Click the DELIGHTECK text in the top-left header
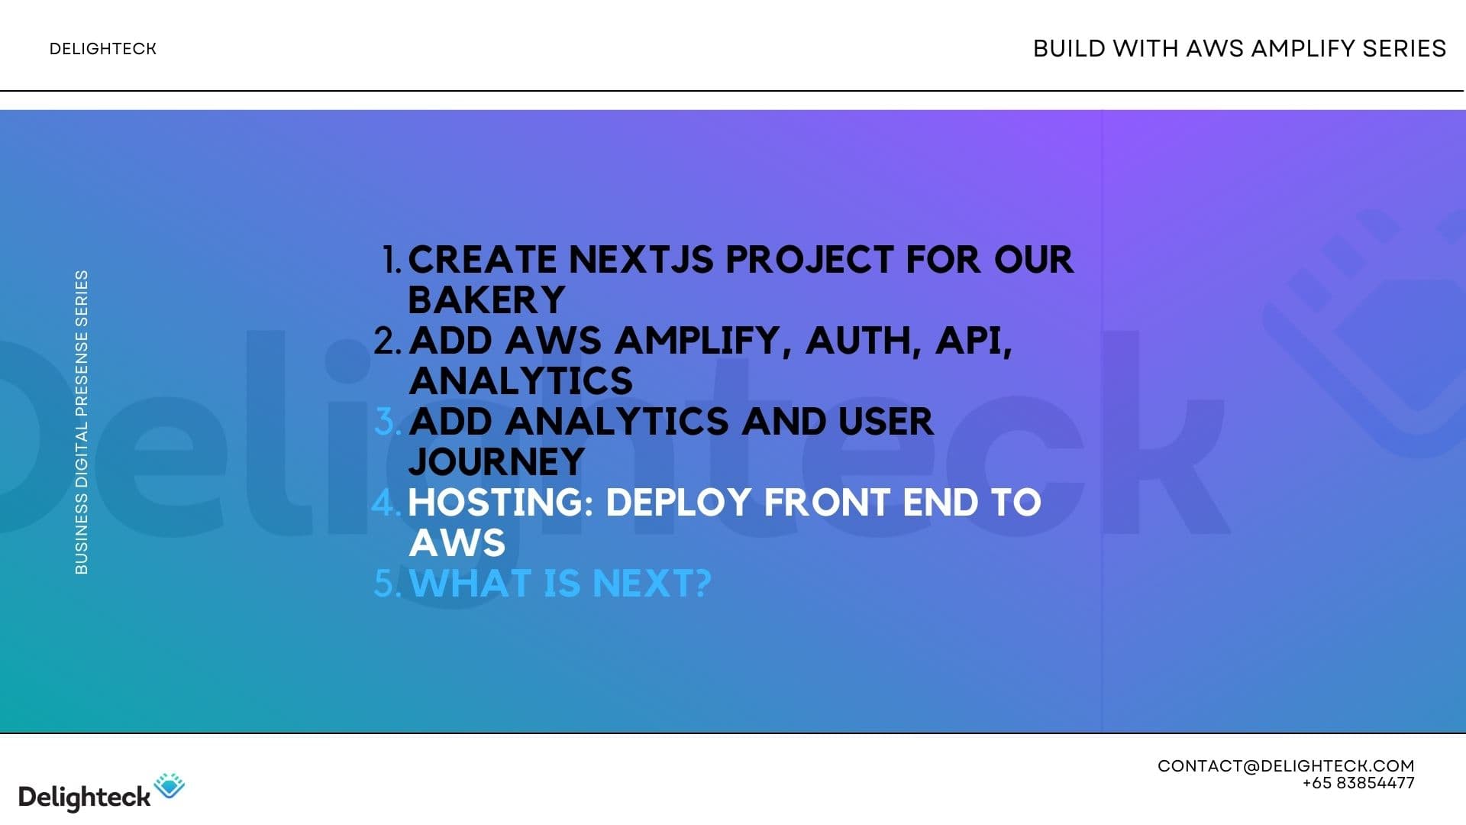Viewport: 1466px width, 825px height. tap(102, 49)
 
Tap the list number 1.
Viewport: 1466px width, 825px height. tap(391, 260)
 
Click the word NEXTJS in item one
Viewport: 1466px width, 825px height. tap(644, 260)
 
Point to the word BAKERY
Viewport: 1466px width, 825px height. tap(486, 300)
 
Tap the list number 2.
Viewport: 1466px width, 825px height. tap(387, 341)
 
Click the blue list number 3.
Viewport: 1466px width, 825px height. tap(387, 422)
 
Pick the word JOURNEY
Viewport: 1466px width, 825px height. tap(496, 462)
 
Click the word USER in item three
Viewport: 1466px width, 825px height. tap(885, 422)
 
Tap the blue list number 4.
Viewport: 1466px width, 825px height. tap(386, 503)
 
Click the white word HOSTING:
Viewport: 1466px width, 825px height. tap(501, 503)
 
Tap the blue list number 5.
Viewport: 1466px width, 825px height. tap(386, 584)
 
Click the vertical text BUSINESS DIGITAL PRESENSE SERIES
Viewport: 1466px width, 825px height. tap(82, 422)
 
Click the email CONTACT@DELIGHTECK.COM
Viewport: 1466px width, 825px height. tap(1285, 766)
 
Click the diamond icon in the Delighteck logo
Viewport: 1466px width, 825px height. tap(170, 785)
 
